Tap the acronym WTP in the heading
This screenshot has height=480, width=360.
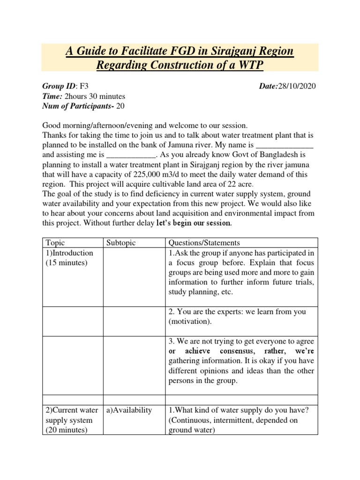(x=251, y=66)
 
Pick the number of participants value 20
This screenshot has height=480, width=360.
(x=120, y=105)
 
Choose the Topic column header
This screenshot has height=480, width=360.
(x=56, y=243)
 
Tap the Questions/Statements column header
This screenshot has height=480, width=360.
(x=204, y=243)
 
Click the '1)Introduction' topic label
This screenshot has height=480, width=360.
(x=69, y=253)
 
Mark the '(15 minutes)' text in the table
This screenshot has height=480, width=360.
(x=67, y=262)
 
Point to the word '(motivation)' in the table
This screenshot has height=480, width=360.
(x=190, y=322)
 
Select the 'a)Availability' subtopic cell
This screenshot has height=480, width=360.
(x=129, y=410)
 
